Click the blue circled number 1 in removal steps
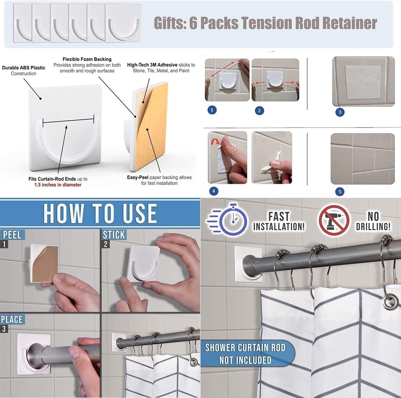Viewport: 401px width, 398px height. point(212,110)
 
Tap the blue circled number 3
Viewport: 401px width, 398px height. point(340,112)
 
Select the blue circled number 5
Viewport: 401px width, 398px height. point(340,191)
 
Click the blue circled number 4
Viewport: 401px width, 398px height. point(213,191)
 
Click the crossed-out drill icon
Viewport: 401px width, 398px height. point(334,220)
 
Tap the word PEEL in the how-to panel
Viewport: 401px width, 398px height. point(12,235)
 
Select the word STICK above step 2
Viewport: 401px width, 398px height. point(114,235)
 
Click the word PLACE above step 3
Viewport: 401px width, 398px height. point(11,320)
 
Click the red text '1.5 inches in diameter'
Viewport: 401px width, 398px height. point(58,185)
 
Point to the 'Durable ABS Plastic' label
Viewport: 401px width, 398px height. point(24,68)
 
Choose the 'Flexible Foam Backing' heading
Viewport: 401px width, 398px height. point(87,59)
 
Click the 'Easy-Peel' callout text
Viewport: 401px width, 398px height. point(137,177)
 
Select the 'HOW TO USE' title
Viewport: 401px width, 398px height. point(100,213)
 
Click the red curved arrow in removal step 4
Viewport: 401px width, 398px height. point(214,142)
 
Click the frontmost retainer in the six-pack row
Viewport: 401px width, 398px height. point(123,23)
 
